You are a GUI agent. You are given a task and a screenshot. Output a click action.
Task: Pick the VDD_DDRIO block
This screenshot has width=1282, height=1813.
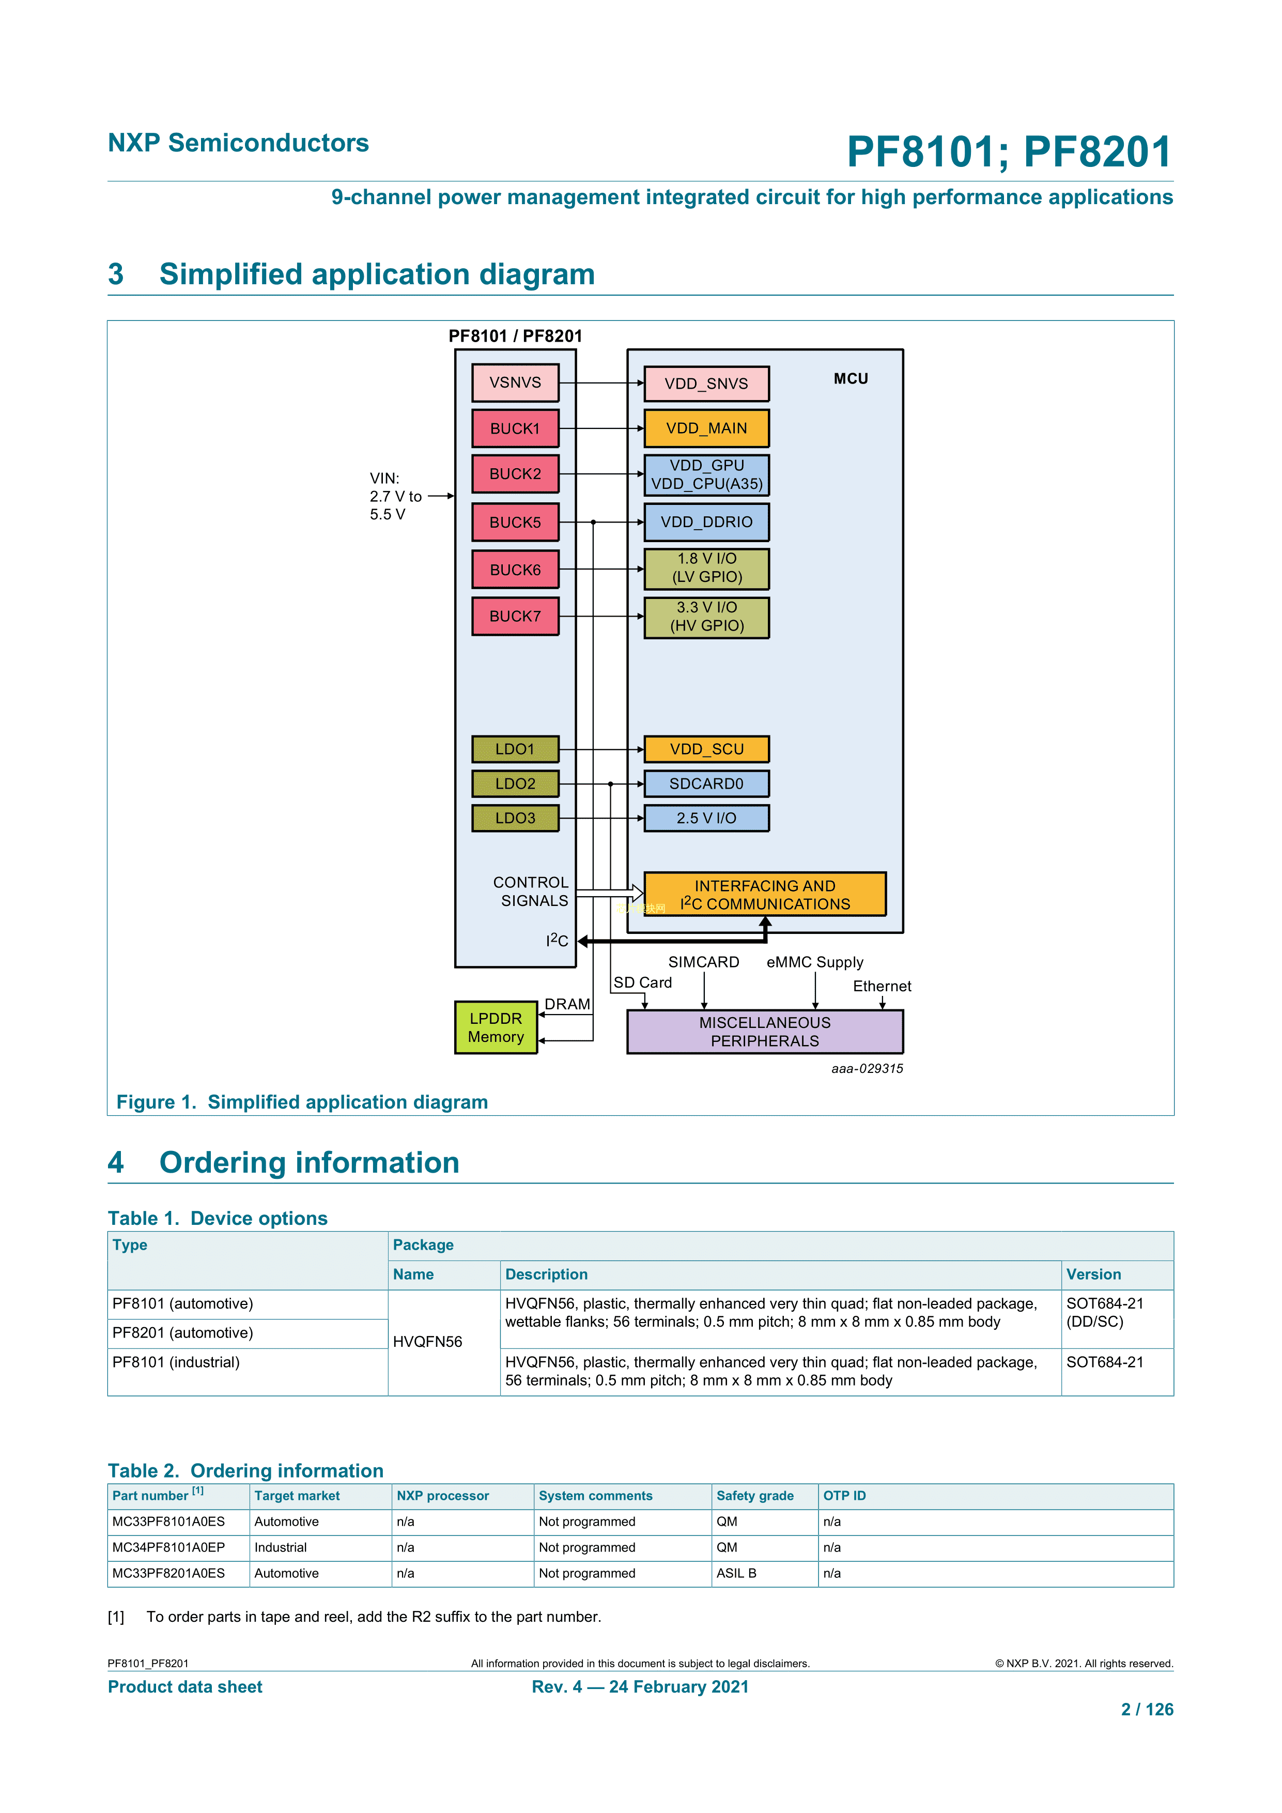coord(706,522)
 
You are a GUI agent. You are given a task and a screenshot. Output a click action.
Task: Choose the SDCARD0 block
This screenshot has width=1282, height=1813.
coord(706,783)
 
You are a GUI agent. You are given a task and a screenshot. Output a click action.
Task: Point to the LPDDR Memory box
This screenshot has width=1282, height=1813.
coord(496,1027)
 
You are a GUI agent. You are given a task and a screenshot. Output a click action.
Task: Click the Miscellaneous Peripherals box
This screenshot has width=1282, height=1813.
coord(764,1031)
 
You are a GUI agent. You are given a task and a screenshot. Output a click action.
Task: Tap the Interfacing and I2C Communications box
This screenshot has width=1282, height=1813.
coord(764,895)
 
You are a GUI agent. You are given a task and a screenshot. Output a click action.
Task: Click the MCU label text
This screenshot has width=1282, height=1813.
coord(850,379)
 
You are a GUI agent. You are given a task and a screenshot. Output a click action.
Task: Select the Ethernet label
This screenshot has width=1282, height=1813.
coord(882,986)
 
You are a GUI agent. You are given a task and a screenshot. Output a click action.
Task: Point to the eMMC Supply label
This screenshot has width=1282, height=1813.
coord(815,962)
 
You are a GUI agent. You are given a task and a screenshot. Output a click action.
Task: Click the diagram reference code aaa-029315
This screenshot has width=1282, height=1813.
coord(867,1068)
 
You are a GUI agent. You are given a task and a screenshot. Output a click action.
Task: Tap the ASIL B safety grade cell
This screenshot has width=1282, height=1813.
coord(736,1573)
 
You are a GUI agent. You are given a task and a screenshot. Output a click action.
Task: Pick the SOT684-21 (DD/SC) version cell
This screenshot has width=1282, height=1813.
coord(1104,1312)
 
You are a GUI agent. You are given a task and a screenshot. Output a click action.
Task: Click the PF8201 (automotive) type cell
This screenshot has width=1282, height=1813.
coord(182,1333)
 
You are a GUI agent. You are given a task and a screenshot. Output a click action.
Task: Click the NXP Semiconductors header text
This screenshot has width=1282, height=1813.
coord(238,143)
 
